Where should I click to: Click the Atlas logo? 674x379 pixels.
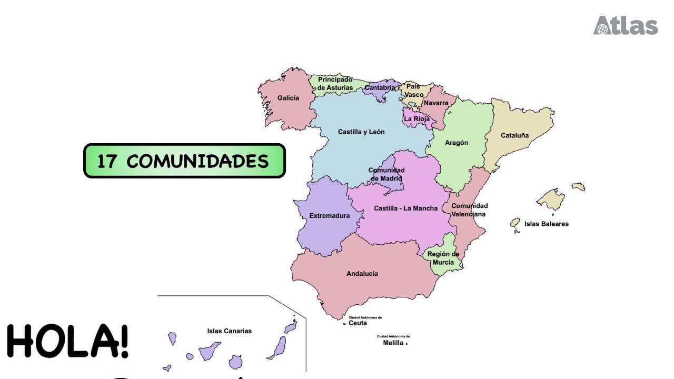pos(626,25)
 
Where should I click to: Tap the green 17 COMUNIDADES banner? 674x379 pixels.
pos(184,161)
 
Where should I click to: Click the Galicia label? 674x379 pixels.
pos(288,98)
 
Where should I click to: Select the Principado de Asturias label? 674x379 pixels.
pos(335,84)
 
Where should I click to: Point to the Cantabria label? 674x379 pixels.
pos(380,88)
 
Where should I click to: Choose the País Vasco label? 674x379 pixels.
pos(414,91)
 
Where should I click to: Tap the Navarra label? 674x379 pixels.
pos(436,103)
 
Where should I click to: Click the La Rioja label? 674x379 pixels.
pos(417,119)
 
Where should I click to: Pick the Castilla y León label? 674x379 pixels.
pos(361,132)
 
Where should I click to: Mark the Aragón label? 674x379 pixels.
pos(457,143)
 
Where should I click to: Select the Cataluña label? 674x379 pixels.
pos(514,136)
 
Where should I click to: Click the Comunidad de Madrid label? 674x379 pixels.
pos(386,174)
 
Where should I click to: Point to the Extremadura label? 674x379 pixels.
pos(330,216)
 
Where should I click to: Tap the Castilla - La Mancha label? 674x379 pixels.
pos(405,208)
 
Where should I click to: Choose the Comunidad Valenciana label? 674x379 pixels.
pos(469,210)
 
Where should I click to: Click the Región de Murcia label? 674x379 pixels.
pos(443,258)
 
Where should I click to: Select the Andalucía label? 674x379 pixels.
pos(362,274)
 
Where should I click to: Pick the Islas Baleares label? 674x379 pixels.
pos(547,224)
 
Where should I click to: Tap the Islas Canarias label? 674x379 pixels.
pos(230,331)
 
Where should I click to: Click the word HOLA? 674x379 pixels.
pos(67,342)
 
